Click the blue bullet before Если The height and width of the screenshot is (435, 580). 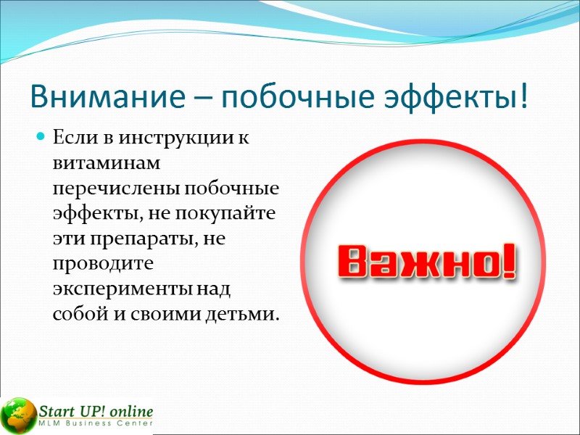pyautogui.click(x=41, y=137)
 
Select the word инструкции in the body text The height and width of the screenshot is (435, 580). pyautogui.click(x=175, y=137)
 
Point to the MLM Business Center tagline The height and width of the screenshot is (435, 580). pyautogui.click(x=96, y=424)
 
